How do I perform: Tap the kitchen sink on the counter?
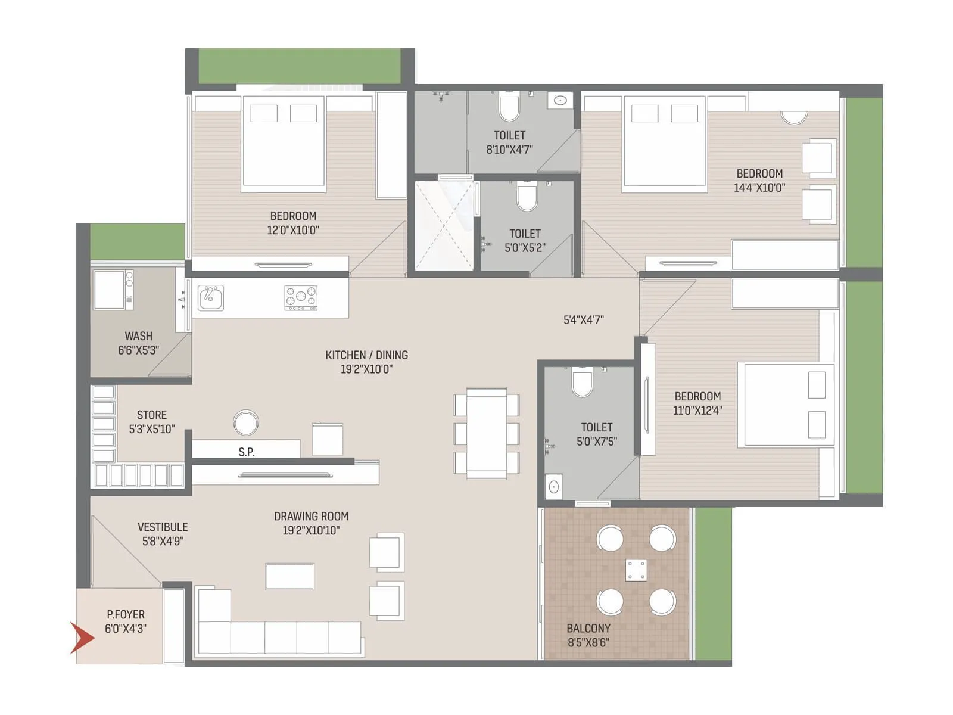[x=210, y=297]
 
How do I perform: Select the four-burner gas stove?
[x=301, y=298]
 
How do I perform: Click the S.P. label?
[x=247, y=452]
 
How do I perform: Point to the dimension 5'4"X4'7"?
[x=583, y=320]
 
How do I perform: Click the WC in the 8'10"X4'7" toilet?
[x=509, y=107]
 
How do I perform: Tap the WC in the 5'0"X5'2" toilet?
[x=527, y=197]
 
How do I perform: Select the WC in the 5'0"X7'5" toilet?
[x=582, y=383]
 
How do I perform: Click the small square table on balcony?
[x=636, y=570]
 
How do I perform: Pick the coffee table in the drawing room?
[x=290, y=576]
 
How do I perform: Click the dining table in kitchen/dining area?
[x=487, y=433]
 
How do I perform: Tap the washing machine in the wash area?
[x=110, y=290]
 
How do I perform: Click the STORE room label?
[x=151, y=415]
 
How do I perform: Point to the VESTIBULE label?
[x=163, y=527]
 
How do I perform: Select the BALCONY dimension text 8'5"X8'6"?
[x=588, y=643]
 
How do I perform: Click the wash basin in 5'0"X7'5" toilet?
[x=553, y=487]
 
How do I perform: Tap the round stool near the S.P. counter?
[x=245, y=423]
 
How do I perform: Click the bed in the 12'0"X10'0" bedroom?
[x=284, y=144]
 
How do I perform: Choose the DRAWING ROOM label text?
[x=311, y=517]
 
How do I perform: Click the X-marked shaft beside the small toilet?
[x=444, y=225]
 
